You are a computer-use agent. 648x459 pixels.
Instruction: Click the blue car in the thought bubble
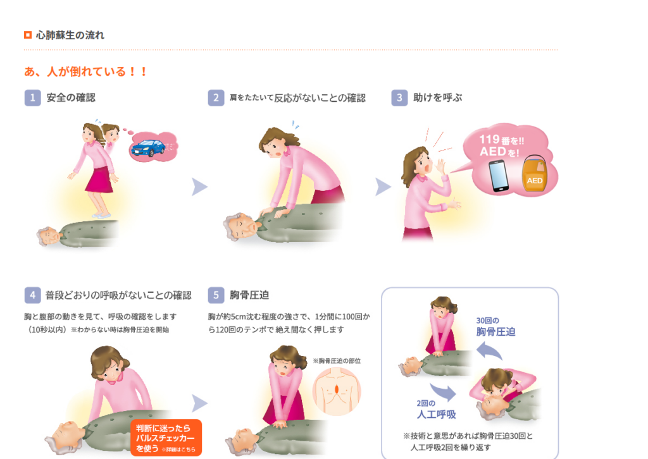(148, 148)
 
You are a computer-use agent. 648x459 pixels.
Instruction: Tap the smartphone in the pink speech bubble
(499, 176)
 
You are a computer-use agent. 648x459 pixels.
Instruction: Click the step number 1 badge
(33, 98)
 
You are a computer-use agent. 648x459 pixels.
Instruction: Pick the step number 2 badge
(216, 98)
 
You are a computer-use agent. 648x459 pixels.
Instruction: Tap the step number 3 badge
(399, 98)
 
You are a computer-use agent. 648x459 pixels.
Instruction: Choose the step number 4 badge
(33, 295)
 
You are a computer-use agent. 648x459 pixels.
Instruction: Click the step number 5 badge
(216, 295)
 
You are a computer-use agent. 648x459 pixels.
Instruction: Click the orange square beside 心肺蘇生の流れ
(28, 35)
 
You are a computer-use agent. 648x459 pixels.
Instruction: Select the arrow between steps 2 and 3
(382, 187)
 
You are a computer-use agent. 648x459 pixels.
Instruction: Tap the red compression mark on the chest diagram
(337, 389)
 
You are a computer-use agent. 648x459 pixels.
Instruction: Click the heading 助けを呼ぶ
(438, 98)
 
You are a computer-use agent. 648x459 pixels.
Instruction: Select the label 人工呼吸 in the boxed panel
(437, 414)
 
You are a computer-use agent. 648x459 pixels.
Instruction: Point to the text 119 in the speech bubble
(489, 140)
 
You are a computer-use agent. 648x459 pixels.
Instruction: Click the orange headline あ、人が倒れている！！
(85, 71)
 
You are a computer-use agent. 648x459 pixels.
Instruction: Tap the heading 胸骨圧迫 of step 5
(249, 295)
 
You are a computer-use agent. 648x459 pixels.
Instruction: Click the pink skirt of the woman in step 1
(99, 180)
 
